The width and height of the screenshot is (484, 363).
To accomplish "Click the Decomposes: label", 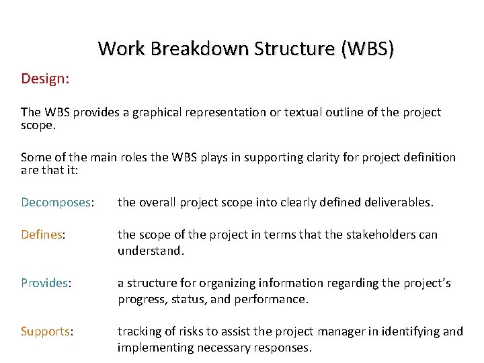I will click(57, 202).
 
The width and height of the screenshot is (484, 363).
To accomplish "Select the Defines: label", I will click(43, 235).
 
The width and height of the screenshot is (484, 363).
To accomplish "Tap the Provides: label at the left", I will click(46, 284).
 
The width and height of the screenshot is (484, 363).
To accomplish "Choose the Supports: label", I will click(47, 331).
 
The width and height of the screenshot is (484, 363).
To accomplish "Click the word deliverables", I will click(397, 202).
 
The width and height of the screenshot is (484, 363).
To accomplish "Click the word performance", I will click(272, 300).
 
